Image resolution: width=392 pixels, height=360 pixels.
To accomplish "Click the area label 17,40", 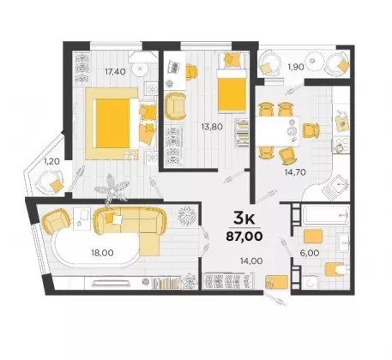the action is [115, 72].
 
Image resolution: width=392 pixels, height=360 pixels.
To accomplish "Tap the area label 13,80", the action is [212, 127].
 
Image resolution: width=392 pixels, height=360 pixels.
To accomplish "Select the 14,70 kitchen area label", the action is [295, 172].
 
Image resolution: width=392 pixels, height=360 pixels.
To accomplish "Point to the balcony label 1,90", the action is [296, 67].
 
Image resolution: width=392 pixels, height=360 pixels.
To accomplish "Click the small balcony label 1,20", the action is [51, 162].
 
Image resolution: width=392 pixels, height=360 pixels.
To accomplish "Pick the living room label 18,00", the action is [102, 253].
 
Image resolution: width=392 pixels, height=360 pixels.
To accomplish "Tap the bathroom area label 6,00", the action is [310, 253].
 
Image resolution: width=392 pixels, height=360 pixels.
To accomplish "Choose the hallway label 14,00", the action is [251, 261].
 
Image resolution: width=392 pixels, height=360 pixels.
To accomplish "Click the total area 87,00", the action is [244, 237].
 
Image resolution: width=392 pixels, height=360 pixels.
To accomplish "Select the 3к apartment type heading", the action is [244, 219].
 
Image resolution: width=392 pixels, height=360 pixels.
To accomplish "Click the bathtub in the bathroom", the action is [326, 216].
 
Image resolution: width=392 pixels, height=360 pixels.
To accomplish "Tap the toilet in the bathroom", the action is [336, 269].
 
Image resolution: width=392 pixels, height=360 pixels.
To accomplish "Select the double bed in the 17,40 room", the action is [117, 123].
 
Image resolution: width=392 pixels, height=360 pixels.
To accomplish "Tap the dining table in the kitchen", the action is [277, 131].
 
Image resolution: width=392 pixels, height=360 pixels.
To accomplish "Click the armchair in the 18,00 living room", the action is [56, 221].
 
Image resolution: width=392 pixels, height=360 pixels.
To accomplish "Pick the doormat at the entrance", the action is [276, 282].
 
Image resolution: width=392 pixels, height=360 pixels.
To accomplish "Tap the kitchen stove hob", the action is [341, 145].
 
